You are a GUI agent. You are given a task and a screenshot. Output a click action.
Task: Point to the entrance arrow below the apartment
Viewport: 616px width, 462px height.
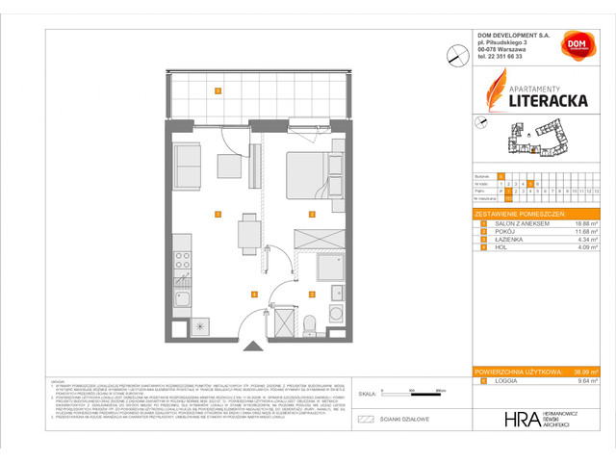253,346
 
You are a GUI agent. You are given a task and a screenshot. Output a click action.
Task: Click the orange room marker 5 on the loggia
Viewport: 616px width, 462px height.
218,91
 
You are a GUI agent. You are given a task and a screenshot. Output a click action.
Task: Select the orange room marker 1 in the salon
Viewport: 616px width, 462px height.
218,214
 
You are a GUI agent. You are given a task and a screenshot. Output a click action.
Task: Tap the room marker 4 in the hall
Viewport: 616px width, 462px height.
253,294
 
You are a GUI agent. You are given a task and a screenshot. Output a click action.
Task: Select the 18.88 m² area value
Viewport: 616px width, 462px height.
574,222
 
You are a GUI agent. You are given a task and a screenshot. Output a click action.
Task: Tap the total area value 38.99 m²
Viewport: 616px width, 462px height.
580,372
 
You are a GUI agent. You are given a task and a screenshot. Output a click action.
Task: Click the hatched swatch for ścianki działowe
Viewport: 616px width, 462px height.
365,420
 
